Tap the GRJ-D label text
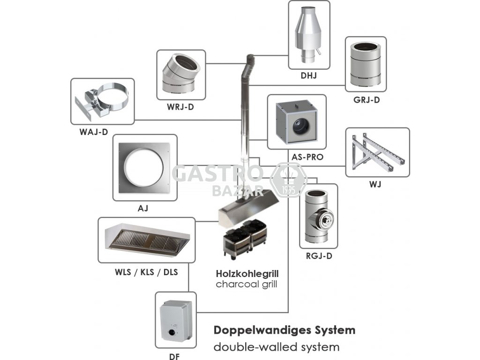[x=366, y=99]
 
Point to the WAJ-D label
[x=94, y=132]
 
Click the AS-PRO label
[x=308, y=157]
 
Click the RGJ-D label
[x=318, y=256]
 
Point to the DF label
[x=175, y=356]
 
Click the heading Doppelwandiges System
[x=284, y=330]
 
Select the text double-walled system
[x=276, y=347]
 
